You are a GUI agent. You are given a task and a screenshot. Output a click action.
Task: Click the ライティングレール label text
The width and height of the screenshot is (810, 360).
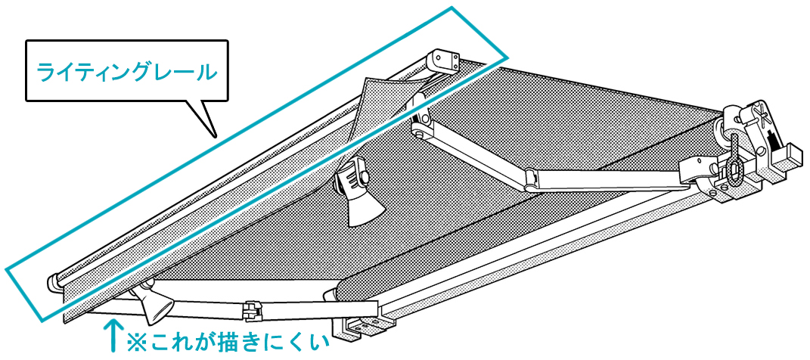click(126, 72)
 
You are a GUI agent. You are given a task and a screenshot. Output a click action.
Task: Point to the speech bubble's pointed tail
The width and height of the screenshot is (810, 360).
click(214, 135)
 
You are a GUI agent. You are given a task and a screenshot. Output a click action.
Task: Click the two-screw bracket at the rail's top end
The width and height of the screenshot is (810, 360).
click(445, 60)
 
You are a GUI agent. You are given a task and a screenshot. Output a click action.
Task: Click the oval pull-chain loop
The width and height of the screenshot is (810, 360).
click(734, 169)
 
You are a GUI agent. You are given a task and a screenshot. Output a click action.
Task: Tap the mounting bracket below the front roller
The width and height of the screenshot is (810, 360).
click(362, 329)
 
